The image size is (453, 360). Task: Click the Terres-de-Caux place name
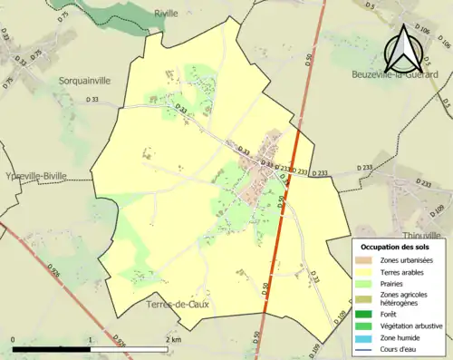point(178,306)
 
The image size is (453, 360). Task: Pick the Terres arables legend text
point(403,271)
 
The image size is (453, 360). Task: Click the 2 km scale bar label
point(173,339)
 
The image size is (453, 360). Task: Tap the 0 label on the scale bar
point(14,339)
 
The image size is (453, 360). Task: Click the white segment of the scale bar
point(128,348)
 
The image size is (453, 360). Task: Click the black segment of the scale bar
point(52,348)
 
